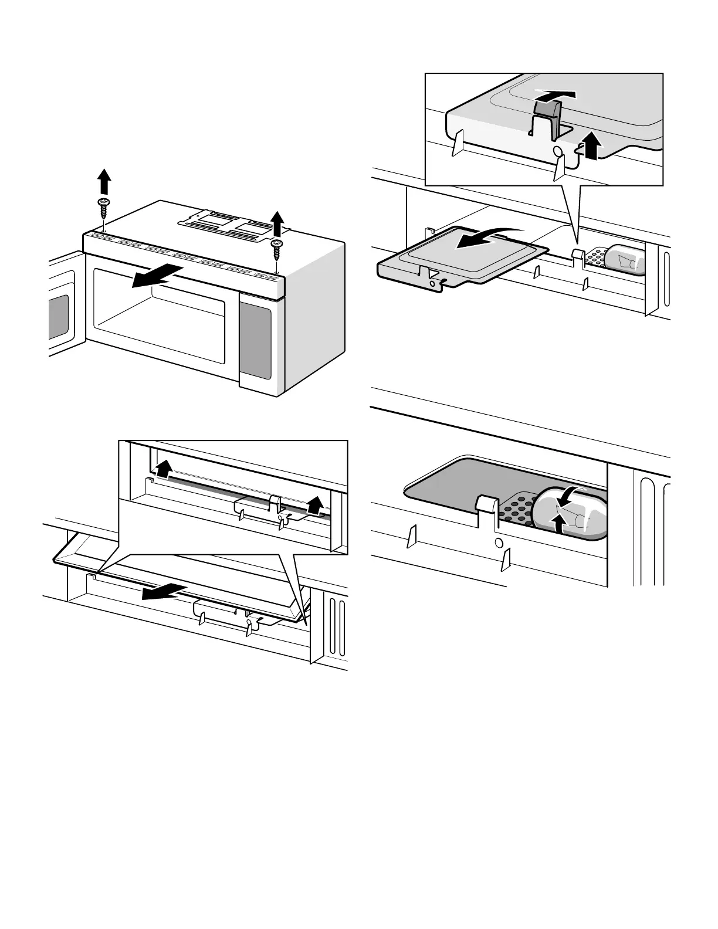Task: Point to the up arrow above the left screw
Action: [103, 181]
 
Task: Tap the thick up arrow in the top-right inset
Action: [592, 145]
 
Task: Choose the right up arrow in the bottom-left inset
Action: [316, 503]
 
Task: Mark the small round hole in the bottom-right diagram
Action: [499, 543]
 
